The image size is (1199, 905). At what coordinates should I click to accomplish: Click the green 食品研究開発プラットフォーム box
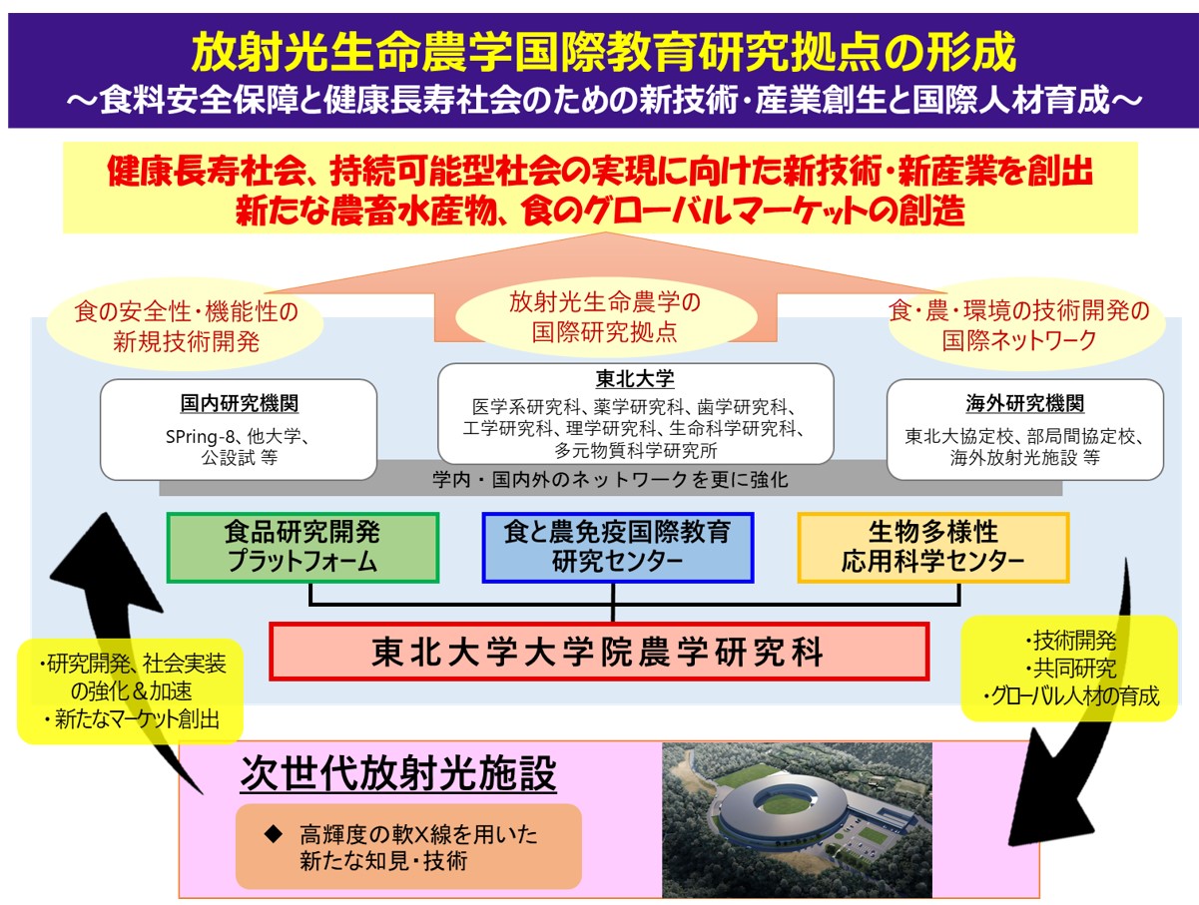pos(302,548)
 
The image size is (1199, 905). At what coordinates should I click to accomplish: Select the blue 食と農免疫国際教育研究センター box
pos(618,548)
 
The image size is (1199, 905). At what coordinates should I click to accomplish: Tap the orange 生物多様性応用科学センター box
pos(933,548)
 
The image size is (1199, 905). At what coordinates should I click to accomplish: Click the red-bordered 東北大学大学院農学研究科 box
pos(599,652)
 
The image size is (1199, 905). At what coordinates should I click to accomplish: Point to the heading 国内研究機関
pos(240,404)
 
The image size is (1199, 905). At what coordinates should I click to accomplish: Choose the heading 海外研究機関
pos(1024,404)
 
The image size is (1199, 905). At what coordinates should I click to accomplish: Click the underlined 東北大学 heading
pos(635,378)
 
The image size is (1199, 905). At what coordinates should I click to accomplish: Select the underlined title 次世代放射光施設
pos(398,773)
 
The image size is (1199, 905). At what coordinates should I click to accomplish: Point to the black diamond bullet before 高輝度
pos(274,833)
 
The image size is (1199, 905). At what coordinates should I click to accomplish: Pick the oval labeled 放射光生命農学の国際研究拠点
pos(605,317)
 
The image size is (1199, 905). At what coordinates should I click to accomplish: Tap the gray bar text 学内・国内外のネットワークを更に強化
pos(610,480)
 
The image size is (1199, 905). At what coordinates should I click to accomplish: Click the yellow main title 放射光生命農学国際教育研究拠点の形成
pos(603,53)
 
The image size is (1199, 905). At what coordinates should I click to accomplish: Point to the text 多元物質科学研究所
pos(635,451)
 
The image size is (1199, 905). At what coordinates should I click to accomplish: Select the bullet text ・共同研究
pos(1069,669)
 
